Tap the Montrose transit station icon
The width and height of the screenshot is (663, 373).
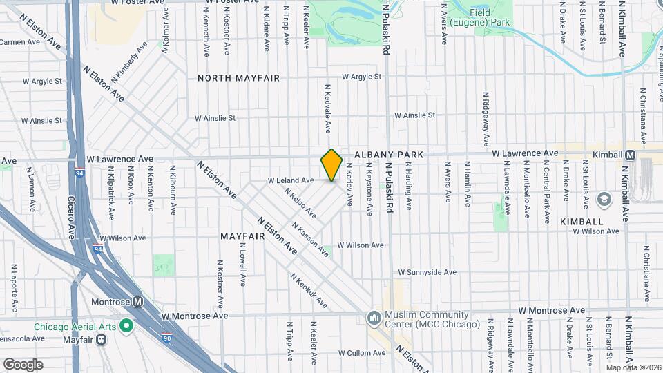click(137, 302)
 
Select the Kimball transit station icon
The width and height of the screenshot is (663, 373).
click(630, 155)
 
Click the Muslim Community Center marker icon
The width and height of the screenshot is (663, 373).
click(374, 317)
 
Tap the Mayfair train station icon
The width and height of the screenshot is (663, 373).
click(101, 339)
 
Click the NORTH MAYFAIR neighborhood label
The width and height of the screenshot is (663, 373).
click(239, 78)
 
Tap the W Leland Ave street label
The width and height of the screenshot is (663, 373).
click(291, 180)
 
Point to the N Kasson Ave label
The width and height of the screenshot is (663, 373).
click(309, 239)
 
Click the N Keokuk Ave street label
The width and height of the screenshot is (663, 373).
click(308, 291)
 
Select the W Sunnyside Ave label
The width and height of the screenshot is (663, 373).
click(427, 272)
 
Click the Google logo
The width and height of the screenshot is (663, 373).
click(23, 364)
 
